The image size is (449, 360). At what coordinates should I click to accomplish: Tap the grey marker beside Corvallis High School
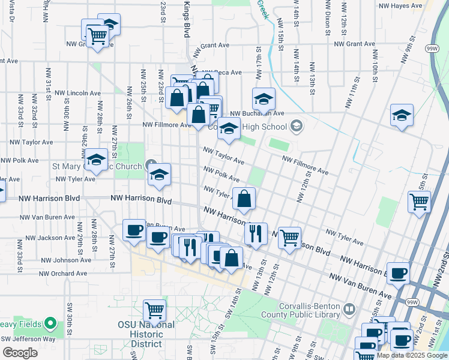296,127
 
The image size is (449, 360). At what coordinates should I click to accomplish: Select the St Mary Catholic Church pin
151,166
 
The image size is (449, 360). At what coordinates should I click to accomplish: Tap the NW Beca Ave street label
220,73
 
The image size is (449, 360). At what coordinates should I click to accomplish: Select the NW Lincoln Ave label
78,93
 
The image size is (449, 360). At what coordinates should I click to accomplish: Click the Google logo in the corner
20,353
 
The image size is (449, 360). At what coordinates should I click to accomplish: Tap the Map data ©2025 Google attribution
412,355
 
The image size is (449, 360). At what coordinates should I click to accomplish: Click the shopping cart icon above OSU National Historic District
154,311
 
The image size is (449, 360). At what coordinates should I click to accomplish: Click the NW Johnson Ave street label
66,260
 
